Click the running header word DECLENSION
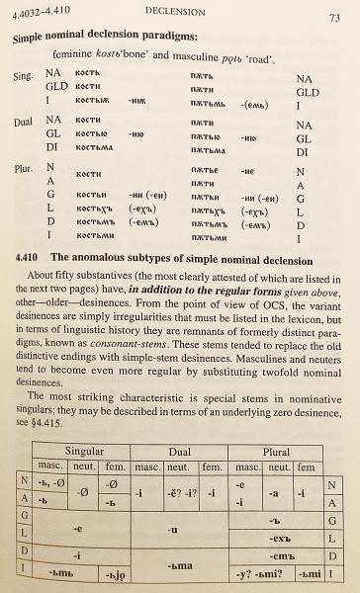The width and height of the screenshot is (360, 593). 176,13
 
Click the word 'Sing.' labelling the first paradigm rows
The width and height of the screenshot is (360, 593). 27,75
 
